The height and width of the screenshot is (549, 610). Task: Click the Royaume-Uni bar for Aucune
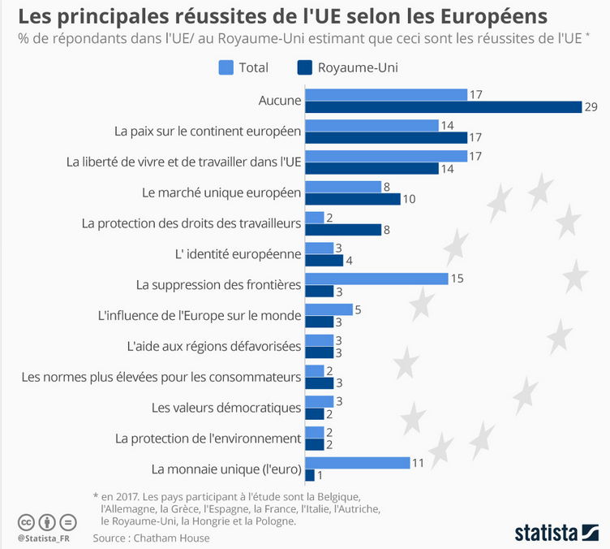443,107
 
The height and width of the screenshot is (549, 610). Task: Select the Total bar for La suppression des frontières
376,279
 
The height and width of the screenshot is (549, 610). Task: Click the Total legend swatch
226,67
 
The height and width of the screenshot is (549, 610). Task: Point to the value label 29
591,107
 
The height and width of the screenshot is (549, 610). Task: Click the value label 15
457,279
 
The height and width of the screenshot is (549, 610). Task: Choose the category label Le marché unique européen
221,192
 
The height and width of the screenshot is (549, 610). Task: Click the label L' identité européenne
238,254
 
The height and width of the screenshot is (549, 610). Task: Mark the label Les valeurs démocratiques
226,408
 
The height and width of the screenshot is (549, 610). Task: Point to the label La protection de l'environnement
208,439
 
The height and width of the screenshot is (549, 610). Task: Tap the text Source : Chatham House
151,538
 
